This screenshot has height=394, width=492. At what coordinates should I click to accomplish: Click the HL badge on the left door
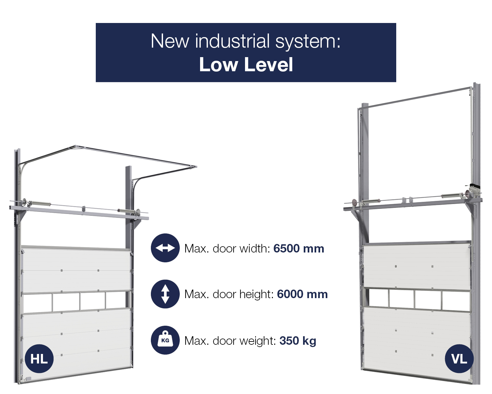click(39, 359)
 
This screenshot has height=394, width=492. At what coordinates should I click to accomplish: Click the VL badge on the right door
click(459, 359)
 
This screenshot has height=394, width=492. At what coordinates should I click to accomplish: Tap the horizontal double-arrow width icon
click(165, 248)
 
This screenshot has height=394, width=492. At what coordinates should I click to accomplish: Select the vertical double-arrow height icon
click(165, 294)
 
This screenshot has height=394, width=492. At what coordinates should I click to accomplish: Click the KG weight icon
click(165, 340)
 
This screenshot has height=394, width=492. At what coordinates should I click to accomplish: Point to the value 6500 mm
click(299, 249)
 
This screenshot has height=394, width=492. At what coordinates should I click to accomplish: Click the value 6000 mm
click(302, 295)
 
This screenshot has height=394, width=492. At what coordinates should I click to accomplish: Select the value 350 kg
click(298, 341)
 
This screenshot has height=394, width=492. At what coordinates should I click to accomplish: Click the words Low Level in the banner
click(246, 65)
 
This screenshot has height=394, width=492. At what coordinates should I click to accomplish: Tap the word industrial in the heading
click(232, 41)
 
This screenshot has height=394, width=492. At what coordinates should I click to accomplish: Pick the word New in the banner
click(170, 41)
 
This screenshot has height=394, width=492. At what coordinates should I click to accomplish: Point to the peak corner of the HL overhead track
click(75, 146)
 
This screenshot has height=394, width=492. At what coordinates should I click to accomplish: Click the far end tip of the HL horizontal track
click(196, 167)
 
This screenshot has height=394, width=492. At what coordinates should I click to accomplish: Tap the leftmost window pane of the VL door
click(379, 298)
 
